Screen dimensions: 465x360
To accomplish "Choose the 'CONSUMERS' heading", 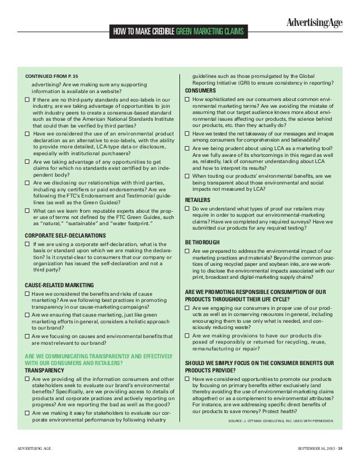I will [x=200, y=91].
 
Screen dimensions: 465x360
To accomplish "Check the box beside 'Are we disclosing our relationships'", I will [x=27, y=183].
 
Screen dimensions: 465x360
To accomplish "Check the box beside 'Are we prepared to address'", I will [x=188, y=251].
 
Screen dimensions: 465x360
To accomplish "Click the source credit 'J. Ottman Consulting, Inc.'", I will [x=280, y=421].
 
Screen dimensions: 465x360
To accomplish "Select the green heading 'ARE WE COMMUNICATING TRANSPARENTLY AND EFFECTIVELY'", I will [x=99, y=355].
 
